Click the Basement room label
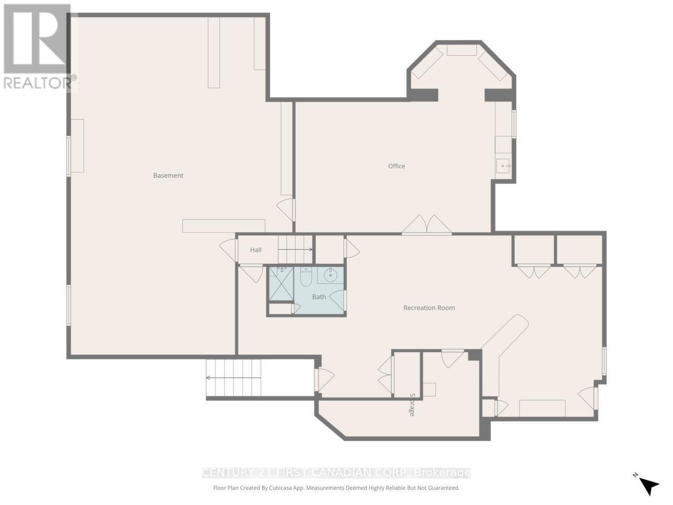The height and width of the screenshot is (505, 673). click(x=168, y=176)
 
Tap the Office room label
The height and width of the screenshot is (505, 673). click(x=396, y=166)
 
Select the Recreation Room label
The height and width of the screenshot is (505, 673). click(x=429, y=308)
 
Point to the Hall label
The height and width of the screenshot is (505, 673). click(x=256, y=250)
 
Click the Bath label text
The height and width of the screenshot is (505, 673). click(x=319, y=297)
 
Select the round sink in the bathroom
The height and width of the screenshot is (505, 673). click(x=331, y=275)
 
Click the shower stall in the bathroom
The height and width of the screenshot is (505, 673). click(x=281, y=284)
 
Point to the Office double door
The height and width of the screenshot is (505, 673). click(x=427, y=225)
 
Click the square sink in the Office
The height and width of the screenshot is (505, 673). click(x=503, y=166)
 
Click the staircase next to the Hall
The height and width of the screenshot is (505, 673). click(x=295, y=249)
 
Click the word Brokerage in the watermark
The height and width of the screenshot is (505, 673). click(x=442, y=473)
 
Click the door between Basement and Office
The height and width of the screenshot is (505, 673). click(x=287, y=209)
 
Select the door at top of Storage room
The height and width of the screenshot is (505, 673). click(x=452, y=358)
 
